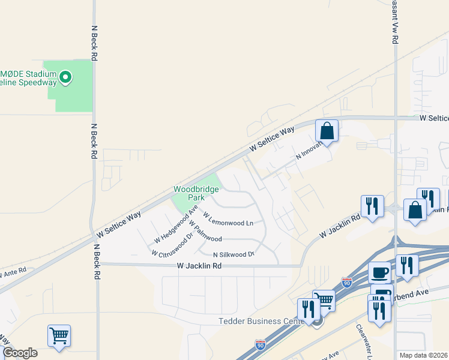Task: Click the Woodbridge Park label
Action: (x=193, y=193)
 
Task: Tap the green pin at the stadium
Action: (x=65, y=77)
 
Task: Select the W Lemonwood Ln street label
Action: (x=228, y=219)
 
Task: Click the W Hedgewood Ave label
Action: (x=175, y=224)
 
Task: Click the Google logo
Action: (x=19, y=353)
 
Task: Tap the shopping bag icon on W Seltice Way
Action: (x=327, y=131)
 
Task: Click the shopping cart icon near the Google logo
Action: (x=59, y=336)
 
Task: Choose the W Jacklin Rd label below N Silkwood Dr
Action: (x=200, y=266)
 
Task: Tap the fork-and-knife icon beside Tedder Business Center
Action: (x=309, y=310)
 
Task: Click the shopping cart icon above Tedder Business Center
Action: (x=325, y=299)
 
